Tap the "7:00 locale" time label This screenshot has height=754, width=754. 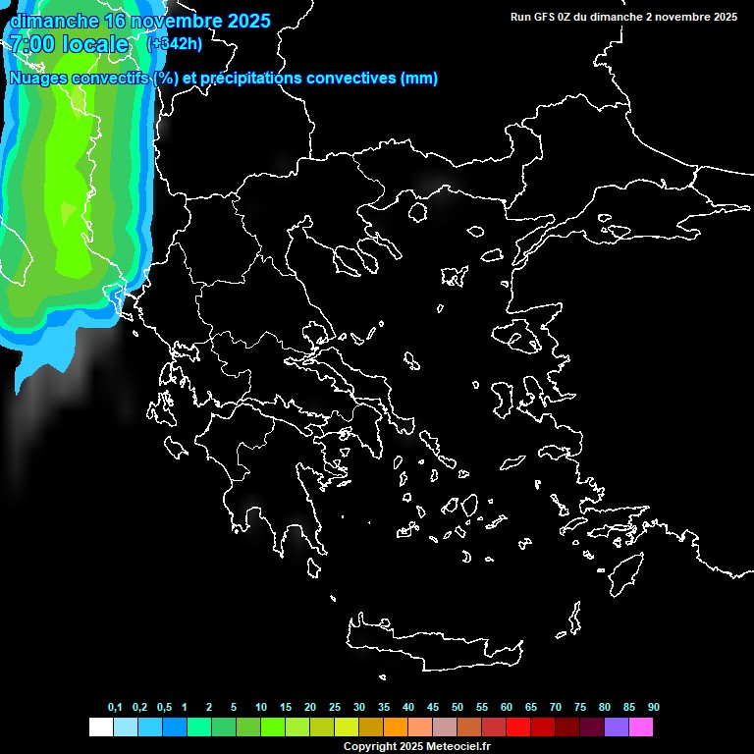(69, 44)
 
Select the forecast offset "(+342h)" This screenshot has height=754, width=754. (174, 43)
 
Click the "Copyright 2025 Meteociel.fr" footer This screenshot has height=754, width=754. (416, 746)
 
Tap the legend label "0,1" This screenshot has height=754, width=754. (115, 707)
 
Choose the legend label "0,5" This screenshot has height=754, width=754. (164, 707)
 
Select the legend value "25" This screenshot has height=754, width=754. (334, 707)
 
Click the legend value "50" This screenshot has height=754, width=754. (458, 707)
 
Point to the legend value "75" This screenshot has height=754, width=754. (579, 707)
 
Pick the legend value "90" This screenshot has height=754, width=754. (653, 707)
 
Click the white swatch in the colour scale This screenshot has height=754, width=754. (100, 727)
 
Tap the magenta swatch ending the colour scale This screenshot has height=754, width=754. (641, 727)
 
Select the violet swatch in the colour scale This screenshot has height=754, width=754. (617, 727)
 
